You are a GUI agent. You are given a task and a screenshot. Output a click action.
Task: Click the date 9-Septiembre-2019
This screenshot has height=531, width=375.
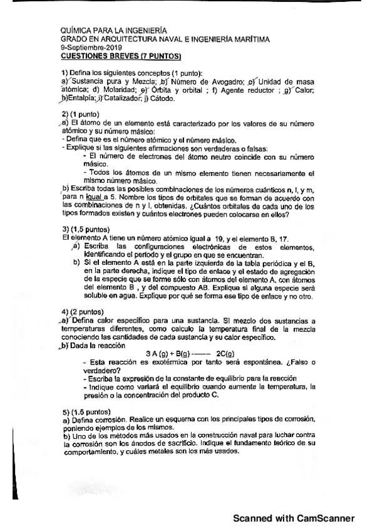[x=87, y=48]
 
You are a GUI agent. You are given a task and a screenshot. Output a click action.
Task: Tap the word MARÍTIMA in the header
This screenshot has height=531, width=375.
[x=252, y=39]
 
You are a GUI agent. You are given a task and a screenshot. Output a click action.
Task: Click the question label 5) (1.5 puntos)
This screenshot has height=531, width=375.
[x=85, y=411]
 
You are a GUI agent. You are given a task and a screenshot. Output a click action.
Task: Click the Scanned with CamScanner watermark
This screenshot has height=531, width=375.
[x=294, y=518]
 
